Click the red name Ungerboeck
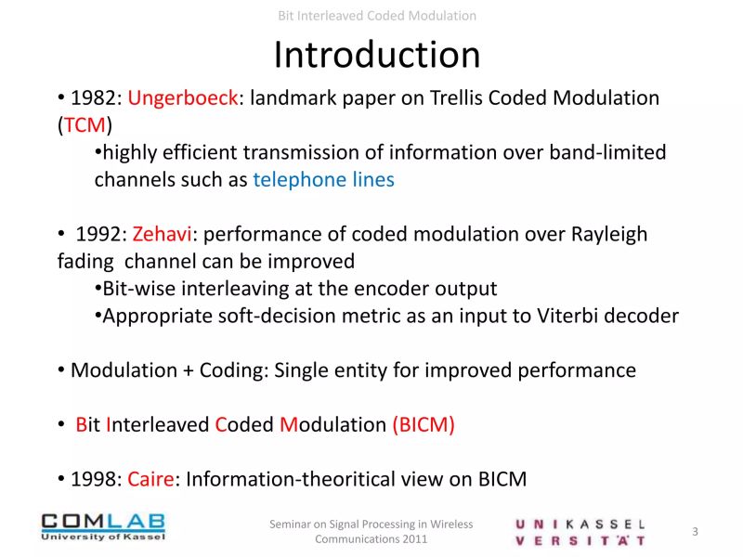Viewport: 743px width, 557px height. (x=182, y=98)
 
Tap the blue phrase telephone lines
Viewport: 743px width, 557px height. (x=323, y=180)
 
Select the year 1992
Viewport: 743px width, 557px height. (x=100, y=234)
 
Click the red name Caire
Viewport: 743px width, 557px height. (x=151, y=479)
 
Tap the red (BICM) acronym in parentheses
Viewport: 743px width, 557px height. (x=424, y=425)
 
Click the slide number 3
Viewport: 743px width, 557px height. (x=695, y=531)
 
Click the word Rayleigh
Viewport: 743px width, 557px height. (x=604, y=234)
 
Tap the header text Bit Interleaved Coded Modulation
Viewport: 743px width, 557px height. (x=377, y=16)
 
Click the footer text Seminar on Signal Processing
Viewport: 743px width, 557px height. (x=371, y=525)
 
